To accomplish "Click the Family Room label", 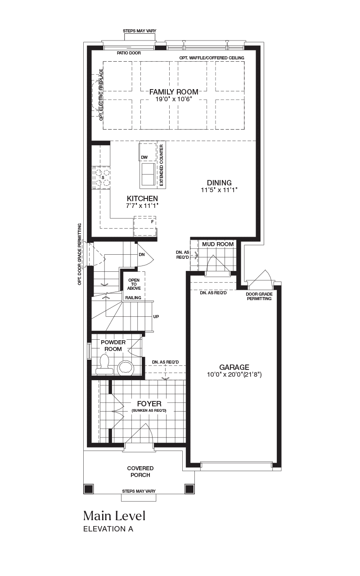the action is click(174, 92).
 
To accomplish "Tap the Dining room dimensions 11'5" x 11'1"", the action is click(219, 190).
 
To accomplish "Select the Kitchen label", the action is click(142, 198).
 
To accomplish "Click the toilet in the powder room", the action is click(104, 364).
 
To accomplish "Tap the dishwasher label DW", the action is click(144, 157).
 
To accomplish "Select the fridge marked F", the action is click(145, 226).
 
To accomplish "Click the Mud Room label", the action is click(218, 244).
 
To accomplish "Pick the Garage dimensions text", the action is click(234, 375).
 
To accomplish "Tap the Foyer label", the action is click(149, 404).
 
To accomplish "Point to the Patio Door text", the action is click(129, 53).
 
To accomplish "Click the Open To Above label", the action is click(134, 284).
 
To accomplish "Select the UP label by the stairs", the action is click(156, 316).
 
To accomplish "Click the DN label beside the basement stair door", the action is click(142, 255).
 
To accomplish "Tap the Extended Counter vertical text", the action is click(162, 165).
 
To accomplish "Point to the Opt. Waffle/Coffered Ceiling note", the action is click(212, 58).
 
